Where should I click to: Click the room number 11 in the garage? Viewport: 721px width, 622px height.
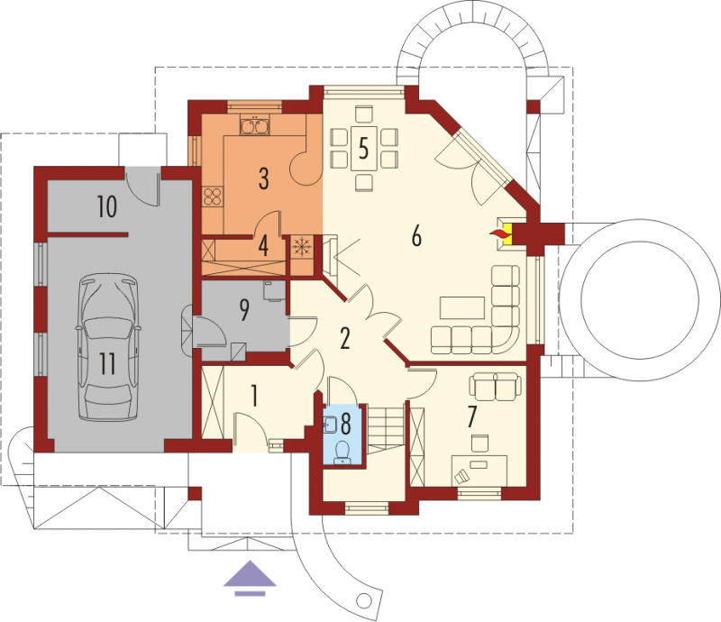[x=107, y=364]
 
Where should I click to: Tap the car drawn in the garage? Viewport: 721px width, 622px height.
[x=108, y=347]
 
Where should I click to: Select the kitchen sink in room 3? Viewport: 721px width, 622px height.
[x=254, y=125]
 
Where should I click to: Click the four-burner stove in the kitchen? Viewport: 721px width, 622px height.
[x=213, y=197]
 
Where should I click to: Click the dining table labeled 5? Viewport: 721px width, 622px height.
[x=363, y=148]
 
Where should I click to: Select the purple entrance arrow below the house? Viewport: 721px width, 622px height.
[x=250, y=578]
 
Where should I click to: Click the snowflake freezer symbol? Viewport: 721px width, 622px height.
[x=302, y=247]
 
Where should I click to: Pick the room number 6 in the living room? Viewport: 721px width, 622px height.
[x=416, y=235]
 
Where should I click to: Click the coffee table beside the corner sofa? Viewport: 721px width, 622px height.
[x=462, y=307]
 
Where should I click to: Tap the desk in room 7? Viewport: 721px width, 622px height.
[x=479, y=470]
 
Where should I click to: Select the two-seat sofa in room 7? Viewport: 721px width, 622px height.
[x=495, y=387]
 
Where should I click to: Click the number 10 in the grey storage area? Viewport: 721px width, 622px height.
[x=106, y=206]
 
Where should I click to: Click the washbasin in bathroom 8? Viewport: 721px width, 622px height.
[x=331, y=425]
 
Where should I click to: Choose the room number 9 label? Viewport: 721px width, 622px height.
[x=244, y=309]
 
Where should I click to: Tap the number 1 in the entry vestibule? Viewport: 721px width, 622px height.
[x=254, y=396]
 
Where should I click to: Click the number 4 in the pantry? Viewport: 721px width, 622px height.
[x=263, y=245]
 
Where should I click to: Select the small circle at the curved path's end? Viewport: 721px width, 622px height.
[x=364, y=600]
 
